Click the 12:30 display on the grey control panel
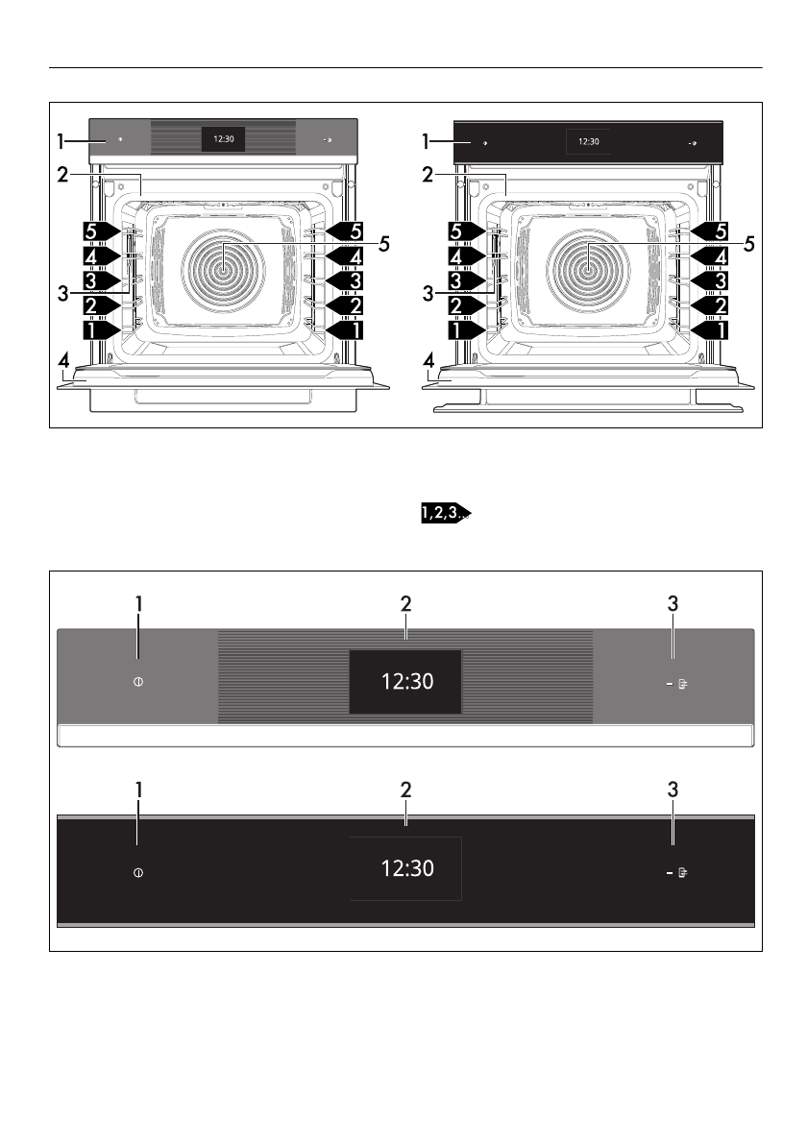pos(405,682)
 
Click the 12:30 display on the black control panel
pos(405,868)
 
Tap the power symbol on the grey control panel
pos(137,682)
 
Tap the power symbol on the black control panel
pos(137,872)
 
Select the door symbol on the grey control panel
pos(683,684)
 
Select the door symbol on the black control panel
pos(683,872)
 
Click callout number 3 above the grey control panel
pos(672,603)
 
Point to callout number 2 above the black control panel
pos(406,790)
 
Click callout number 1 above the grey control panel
pos(138,603)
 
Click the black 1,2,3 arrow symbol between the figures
pos(446,513)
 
